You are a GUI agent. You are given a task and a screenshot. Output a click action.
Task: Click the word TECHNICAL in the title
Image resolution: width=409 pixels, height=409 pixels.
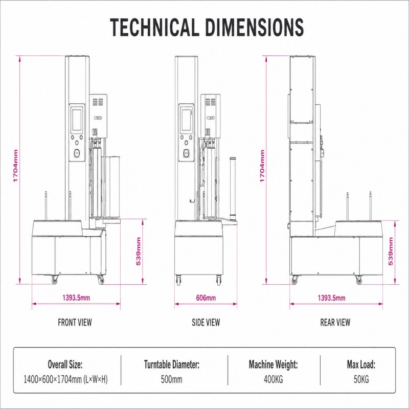[154, 27]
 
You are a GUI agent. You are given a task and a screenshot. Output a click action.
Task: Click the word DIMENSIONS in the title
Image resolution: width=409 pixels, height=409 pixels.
[254, 27]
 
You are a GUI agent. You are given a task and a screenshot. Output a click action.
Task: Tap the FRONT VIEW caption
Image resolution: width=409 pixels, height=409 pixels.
[75, 323]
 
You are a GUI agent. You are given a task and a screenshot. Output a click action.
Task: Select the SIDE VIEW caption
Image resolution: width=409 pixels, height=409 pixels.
[206, 323]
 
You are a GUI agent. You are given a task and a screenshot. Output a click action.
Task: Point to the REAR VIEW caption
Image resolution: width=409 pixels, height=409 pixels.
[335, 323]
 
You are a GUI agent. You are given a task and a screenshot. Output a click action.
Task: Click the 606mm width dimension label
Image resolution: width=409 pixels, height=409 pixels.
[206, 298]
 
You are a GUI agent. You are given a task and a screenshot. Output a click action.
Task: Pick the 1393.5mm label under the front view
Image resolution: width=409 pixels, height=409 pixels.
[76, 298]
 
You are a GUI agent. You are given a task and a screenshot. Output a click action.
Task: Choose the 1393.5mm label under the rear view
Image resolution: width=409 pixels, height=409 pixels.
[331, 298]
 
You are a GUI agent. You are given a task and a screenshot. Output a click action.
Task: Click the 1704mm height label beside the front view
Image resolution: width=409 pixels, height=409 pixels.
[15, 166]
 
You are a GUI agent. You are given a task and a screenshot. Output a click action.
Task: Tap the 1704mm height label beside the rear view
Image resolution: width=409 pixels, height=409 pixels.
[262, 166]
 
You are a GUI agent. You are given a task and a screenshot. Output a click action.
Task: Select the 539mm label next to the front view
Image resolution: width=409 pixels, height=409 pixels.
[138, 251]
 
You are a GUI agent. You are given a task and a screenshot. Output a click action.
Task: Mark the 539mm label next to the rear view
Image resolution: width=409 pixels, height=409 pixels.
[391, 251]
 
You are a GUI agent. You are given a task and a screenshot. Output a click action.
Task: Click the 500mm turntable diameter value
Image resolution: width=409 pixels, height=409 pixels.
[171, 379]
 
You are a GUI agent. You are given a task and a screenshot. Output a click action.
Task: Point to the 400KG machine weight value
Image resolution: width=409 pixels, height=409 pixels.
[273, 379]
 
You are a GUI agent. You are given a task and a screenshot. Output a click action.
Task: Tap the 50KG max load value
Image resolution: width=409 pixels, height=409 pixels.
[361, 379]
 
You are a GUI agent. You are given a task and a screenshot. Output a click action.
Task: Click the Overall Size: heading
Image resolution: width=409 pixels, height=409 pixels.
[65, 364]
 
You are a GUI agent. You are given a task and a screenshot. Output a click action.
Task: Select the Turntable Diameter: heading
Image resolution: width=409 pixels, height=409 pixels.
[172, 364]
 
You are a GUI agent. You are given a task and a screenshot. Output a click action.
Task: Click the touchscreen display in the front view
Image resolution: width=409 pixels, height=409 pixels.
[77, 120]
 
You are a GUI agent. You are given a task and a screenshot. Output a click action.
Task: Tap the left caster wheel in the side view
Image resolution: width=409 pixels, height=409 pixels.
[178, 280]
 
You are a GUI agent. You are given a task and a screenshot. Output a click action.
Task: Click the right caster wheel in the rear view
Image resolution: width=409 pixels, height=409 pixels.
[359, 280]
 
